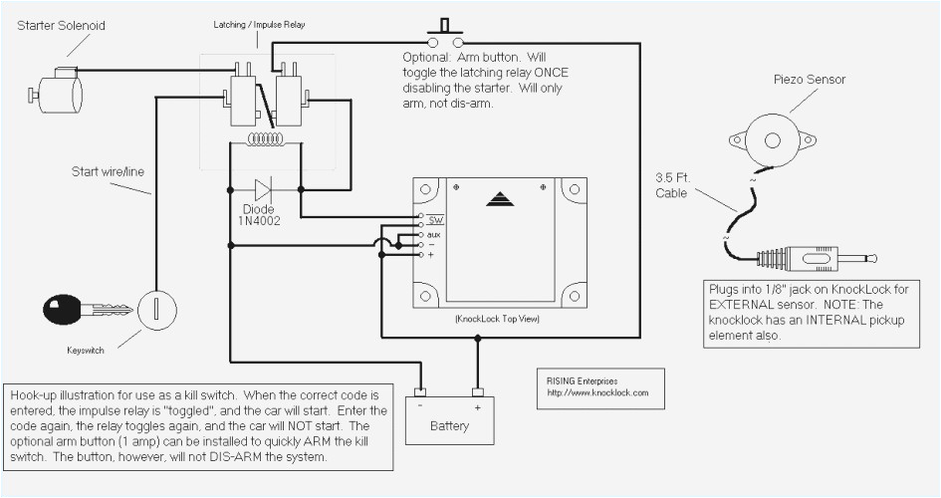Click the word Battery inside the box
click(449, 425)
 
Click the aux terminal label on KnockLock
click(433, 233)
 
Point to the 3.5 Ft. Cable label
click(671, 185)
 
